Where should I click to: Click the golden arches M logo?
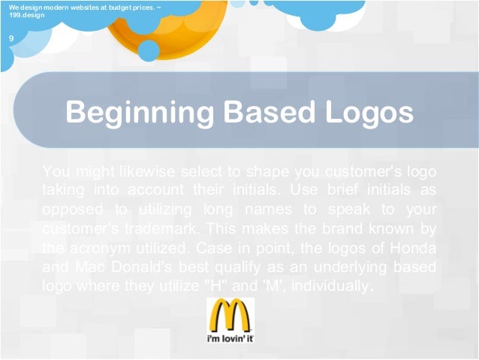click(230, 316)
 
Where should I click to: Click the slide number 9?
click(11, 38)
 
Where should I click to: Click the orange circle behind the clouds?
click(149, 30)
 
